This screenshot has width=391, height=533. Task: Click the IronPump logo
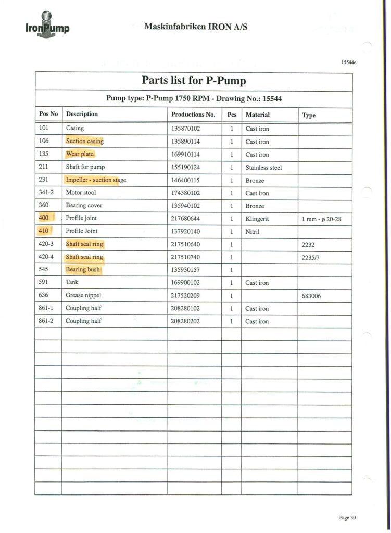coord(46,24)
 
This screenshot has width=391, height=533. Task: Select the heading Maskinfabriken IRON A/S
coord(195,26)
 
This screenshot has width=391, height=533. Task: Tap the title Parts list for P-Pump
coord(194,81)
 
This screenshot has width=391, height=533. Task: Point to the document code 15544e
coord(348,63)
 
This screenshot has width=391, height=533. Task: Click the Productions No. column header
coord(193,115)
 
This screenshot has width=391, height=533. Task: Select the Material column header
coord(257,115)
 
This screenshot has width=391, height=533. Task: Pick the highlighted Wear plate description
coord(80,154)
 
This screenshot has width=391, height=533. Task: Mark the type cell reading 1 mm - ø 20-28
coord(321,219)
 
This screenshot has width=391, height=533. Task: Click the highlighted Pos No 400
coord(45,218)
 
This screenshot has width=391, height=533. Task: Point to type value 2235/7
coord(311,257)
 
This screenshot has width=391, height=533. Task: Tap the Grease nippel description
coord(83,295)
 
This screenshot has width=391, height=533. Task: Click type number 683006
coord(312,296)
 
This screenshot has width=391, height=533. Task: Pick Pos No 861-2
coord(47,321)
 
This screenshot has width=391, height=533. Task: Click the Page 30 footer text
coord(347,517)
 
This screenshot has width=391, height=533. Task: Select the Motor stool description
coord(81,193)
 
